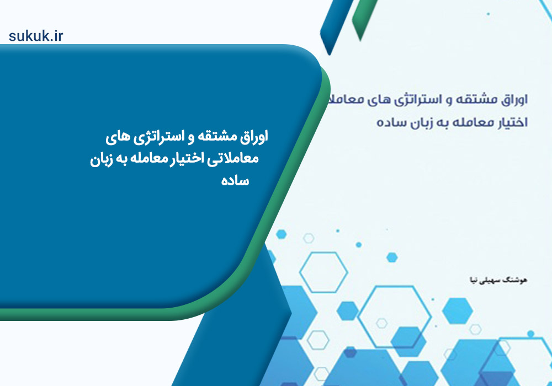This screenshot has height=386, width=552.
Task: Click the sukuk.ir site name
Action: pos(36,36)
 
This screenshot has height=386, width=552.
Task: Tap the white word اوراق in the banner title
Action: pos(254,137)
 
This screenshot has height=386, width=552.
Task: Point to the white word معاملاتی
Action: pos(233,159)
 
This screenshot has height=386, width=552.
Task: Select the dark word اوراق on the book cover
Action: pos(514,100)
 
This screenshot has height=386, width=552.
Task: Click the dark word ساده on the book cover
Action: pos(389,122)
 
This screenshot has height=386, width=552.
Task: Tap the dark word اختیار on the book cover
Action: pos(513,122)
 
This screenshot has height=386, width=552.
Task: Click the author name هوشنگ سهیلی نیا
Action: pos(498,280)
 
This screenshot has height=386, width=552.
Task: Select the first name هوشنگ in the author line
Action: pos(516,280)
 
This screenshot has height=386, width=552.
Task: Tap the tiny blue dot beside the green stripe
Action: pos(488,14)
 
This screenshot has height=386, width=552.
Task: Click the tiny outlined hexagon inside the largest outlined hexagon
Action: pos(381,323)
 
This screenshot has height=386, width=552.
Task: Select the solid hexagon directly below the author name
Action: pos(457,311)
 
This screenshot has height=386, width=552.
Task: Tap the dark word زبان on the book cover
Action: pos(418,122)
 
